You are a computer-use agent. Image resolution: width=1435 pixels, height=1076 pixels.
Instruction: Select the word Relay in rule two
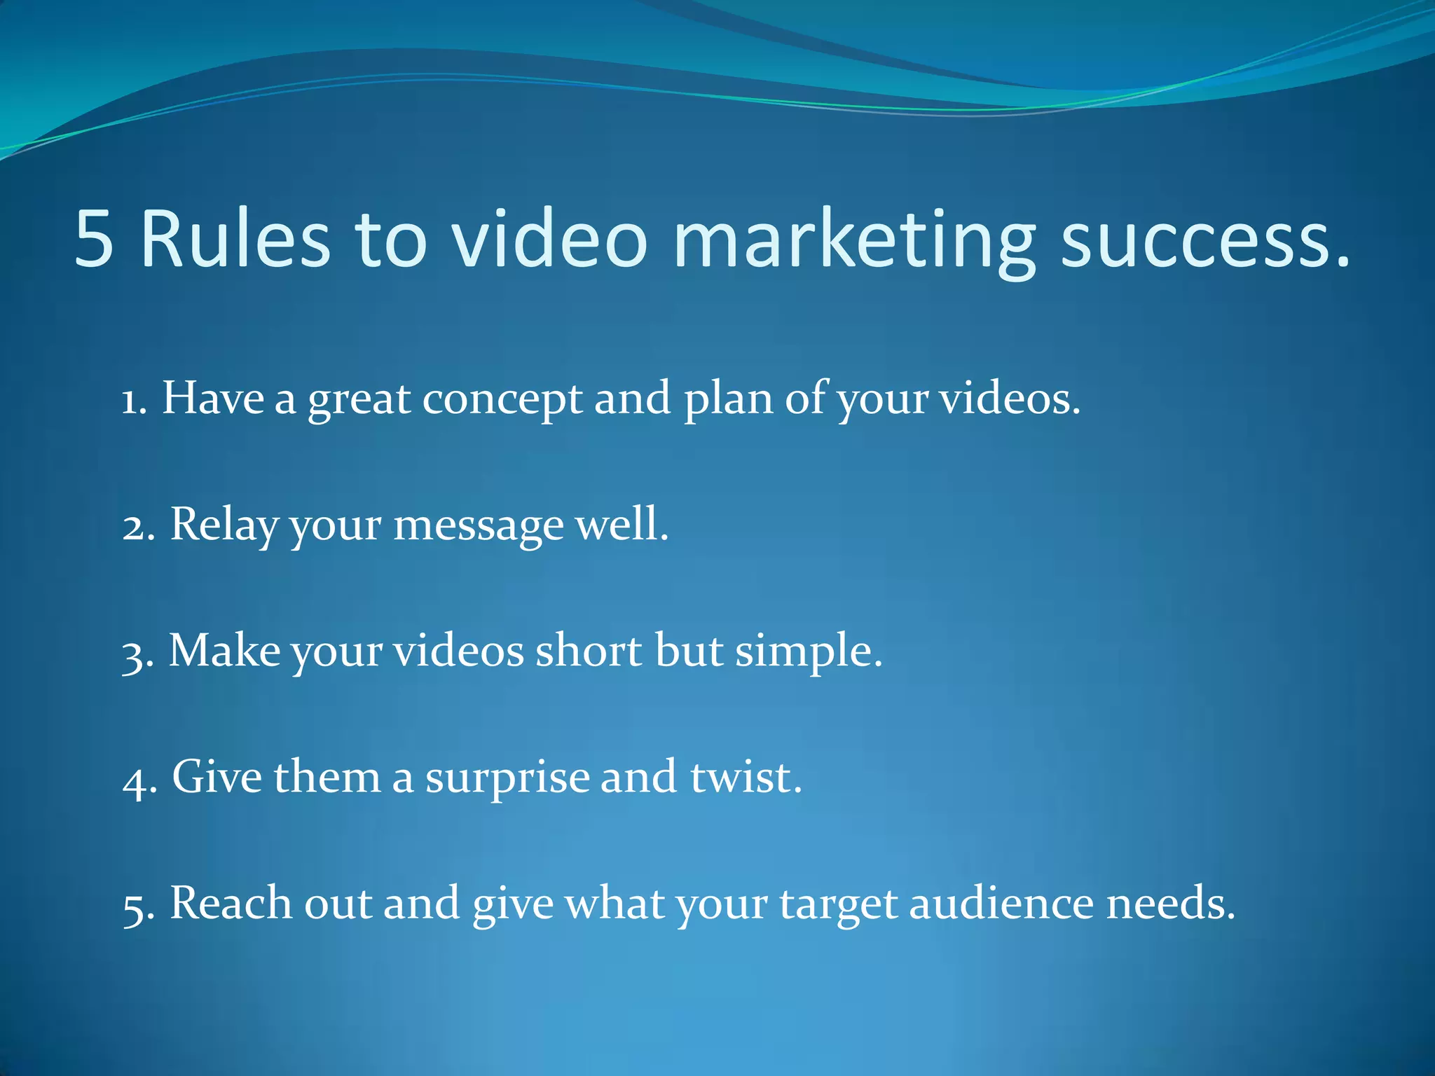(224, 525)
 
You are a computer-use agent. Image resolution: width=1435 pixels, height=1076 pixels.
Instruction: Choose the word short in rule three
(589, 651)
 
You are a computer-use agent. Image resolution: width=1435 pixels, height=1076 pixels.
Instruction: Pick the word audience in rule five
(1001, 904)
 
